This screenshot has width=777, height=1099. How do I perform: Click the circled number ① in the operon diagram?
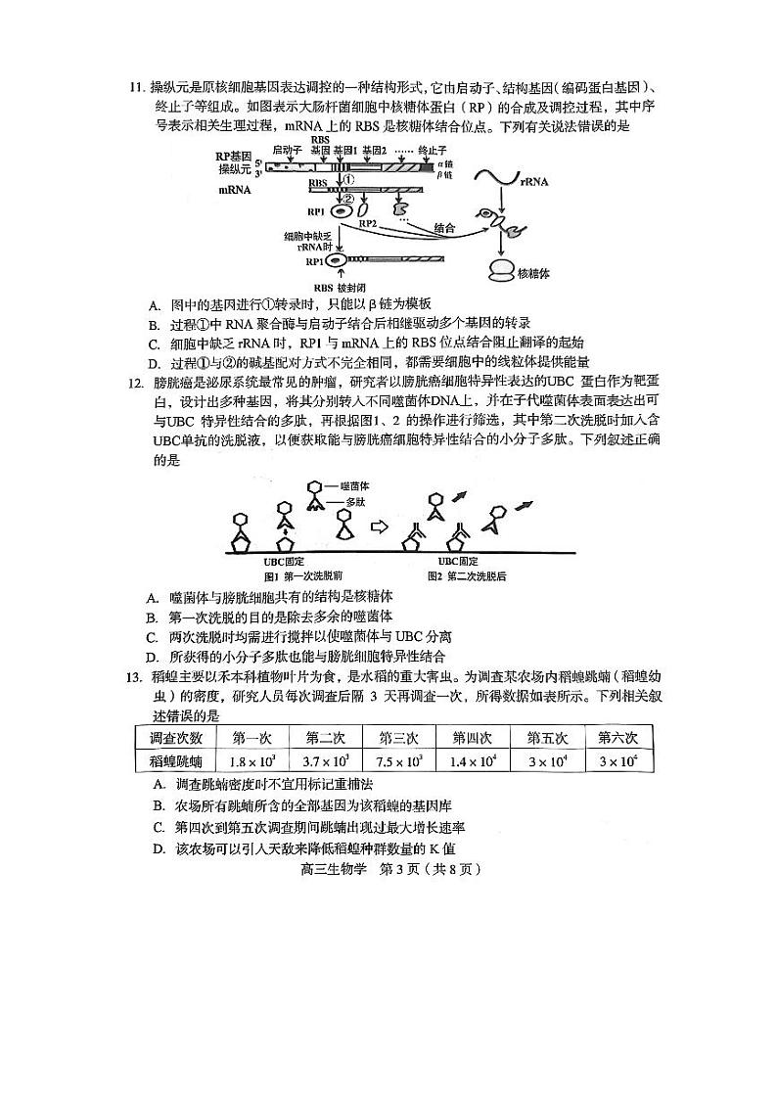tap(349, 180)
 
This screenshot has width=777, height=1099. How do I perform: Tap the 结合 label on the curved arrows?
tap(443, 227)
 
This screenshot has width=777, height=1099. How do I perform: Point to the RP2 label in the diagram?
tap(369, 224)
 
